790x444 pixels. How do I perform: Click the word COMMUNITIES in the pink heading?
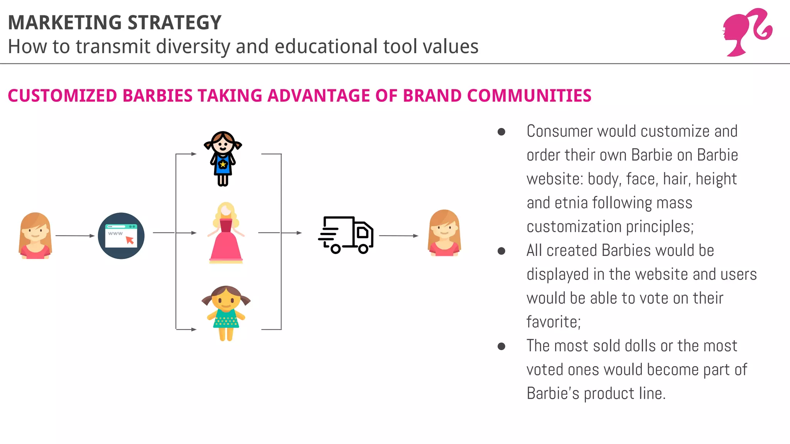[x=529, y=96]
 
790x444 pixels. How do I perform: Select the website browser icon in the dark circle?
[x=121, y=235]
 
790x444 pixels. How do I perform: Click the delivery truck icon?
[x=346, y=235]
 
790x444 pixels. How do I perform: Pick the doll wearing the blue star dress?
[x=223, y=158]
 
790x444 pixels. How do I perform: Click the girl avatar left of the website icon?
[x=35, y=235]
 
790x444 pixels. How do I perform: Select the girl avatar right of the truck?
[x=444, y=233]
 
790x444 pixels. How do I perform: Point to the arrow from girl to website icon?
[x=75, y=235]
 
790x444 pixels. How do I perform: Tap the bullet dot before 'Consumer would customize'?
[x=501, y=132]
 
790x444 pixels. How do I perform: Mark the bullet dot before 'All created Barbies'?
[x=501, y=251]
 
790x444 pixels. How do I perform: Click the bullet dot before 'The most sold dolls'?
[x=501, y=346]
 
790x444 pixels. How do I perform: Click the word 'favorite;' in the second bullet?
[x=554, y=322]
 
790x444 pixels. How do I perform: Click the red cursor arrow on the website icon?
[x=130, y=240]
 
